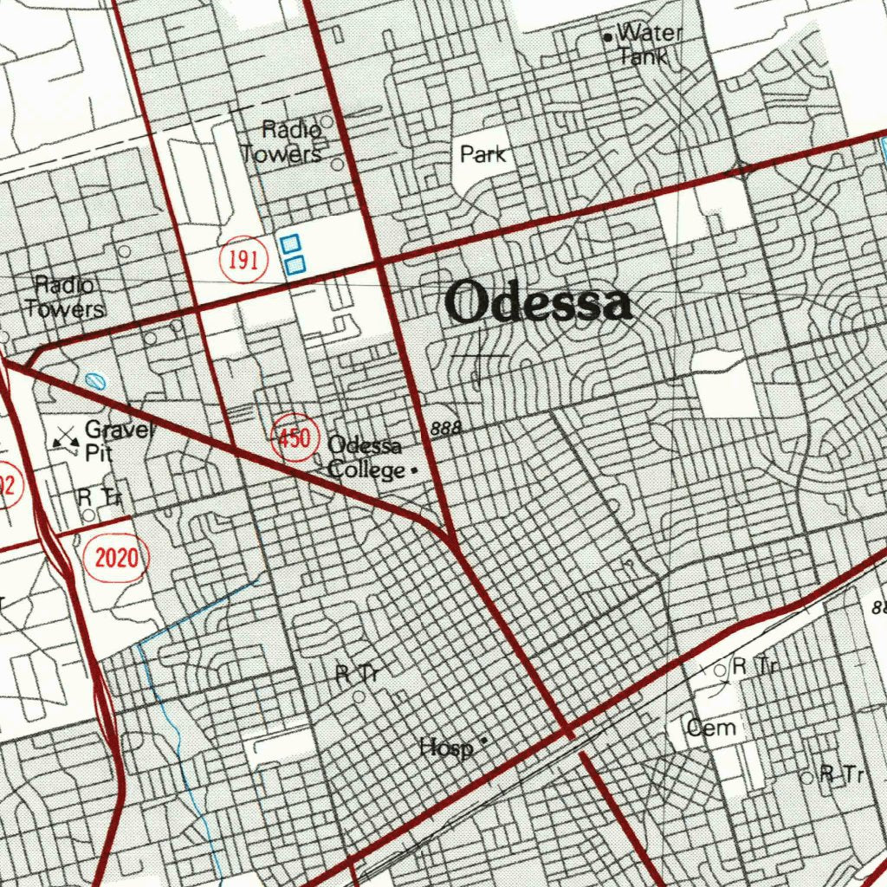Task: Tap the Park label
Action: pos(482,155)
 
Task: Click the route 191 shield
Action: pos(243,260)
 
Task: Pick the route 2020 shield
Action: pos(116,557)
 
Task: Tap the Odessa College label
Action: pos(366,457)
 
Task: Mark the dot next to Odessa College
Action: pos(413,470)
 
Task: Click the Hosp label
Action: pos(445,747)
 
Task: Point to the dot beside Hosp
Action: pos(483,740)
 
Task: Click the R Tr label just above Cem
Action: pos(756,666)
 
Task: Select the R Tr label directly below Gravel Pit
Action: pos(100,497)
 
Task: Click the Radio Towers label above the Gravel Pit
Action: pos(65,296)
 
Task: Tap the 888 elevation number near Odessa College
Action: pos(445,428)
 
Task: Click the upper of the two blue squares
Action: pos(291,243)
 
